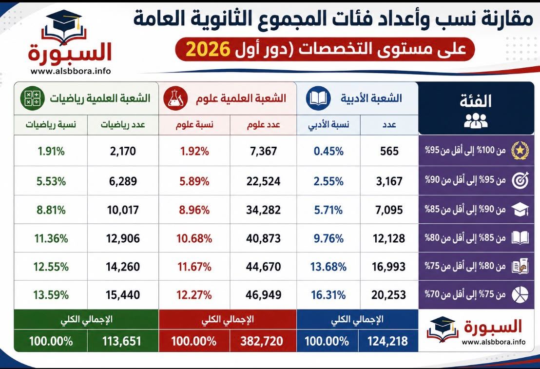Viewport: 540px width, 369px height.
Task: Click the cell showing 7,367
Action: click(264, 151)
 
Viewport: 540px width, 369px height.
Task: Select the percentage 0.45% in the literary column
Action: click(328, 151)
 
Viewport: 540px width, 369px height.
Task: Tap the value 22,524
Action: click(264, 181)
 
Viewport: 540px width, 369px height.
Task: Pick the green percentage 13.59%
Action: click(51, 295)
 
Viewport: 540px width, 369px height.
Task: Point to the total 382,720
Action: click(262, 341)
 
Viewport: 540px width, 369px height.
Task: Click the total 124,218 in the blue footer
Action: click(387, 341)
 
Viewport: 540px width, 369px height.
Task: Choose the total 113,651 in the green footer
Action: click(121, 341)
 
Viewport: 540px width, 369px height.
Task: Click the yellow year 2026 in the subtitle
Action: click(208, 49)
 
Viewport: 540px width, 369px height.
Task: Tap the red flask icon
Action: click(175, 98)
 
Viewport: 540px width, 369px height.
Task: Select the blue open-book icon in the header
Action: click(318, 98)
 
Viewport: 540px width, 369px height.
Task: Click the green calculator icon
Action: click(32, 98)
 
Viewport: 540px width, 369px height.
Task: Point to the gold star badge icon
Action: click(520, 151)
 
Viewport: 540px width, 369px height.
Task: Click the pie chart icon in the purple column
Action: click(520, 294)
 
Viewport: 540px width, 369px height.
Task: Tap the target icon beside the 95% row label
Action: click(520, 180)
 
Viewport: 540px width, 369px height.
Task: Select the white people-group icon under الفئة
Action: click(476, 120)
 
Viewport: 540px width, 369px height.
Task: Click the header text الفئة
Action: click(476, 100)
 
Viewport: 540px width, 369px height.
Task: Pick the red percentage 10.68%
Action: click(194, 238)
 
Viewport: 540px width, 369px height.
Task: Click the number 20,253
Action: click(389, 295)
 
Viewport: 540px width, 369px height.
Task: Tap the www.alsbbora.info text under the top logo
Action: click(71, 71)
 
